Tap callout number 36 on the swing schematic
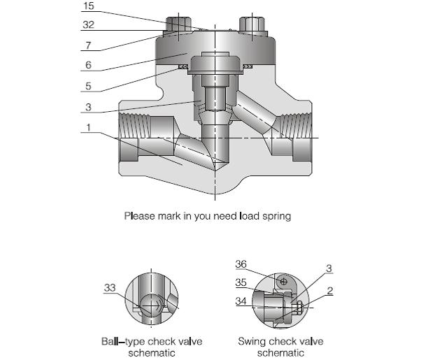click(x=241, y=264)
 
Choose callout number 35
click(x=241, y=284)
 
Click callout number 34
click(x=241, y=302)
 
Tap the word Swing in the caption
click(x=249, y=343)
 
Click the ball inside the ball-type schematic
click(x=152, y=305)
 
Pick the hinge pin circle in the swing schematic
click(x=283, y=282)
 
